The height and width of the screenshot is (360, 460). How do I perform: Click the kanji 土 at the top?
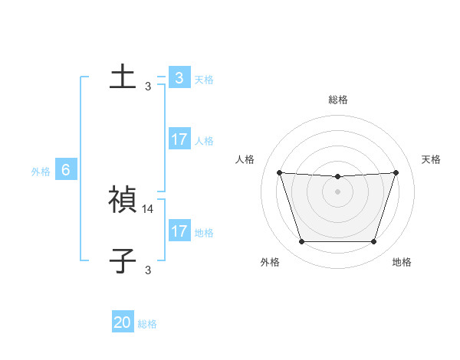click(x=123, y=77)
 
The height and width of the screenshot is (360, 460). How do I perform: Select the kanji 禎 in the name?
click(x=123, y=200)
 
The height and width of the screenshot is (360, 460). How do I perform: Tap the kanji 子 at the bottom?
click(x=123, y=260)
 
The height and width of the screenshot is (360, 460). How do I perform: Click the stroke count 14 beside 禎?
click(x=149, y=208)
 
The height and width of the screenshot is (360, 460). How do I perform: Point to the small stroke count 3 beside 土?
click(x=148, y=87)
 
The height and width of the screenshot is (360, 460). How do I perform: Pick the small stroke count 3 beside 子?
click(x=148, y=270)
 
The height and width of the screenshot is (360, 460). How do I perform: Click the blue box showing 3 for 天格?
click(x=179, y=78)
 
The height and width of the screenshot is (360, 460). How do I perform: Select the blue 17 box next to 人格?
click(x=179, y=139)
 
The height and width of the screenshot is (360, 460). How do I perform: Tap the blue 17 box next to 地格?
click(x=179, y=231)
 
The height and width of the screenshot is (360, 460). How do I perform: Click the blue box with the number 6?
click(x=66, y=170)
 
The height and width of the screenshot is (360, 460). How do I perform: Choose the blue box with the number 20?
click(x=123, y=322)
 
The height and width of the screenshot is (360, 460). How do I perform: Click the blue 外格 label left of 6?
click(x=41, y=172)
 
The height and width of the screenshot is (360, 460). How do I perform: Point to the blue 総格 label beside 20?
click(x=147, y=324)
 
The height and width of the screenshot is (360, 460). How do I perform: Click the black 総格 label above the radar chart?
click(x=338, y=100)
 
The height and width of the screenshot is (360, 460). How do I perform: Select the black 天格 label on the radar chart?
click(x=432, y=159)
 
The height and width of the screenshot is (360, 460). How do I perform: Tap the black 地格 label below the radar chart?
click(x=402, y=263)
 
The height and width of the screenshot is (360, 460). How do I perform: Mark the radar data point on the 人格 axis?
click(x=280, y=172)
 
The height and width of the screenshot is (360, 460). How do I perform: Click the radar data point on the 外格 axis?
click(x=301, y=242)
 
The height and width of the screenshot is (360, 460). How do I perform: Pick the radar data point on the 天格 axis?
click(x=396, y=172)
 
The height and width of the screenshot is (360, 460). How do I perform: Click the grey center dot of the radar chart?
click(x=337, y=191)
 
